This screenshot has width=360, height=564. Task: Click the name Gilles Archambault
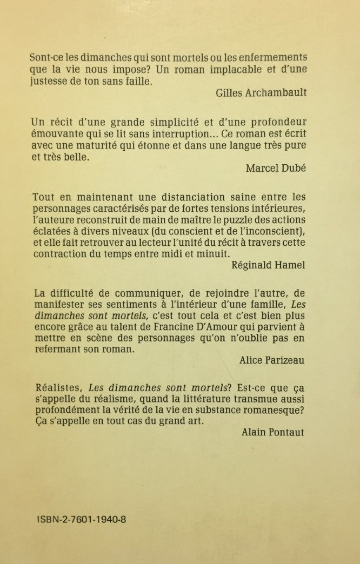click(261, 92)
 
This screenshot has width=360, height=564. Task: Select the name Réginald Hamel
click(269, 265)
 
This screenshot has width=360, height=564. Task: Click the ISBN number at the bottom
click(82, 519)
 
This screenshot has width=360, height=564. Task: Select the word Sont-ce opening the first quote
click(52, 57)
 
